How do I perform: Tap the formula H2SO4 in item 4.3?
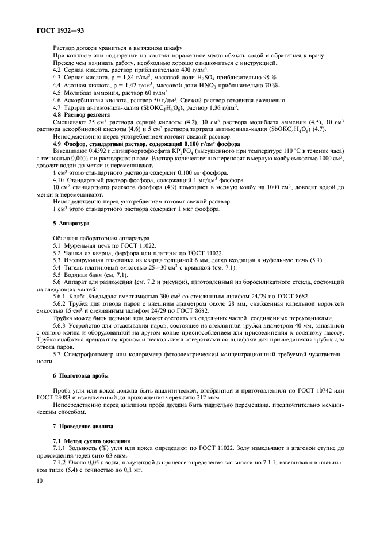[x=222, y=77]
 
